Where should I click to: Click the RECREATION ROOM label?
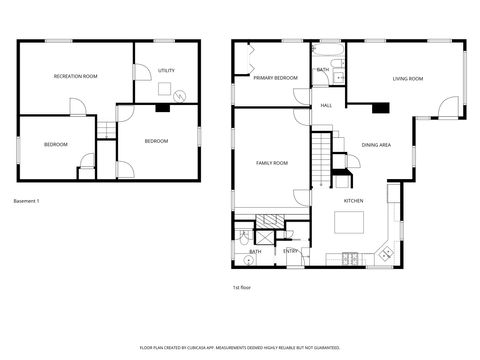75,77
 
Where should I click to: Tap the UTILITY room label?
166,71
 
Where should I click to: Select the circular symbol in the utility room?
179,95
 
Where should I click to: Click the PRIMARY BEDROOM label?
275,78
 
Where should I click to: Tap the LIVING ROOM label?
407,78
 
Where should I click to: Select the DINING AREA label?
377,144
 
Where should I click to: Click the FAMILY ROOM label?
272,162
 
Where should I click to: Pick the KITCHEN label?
353,201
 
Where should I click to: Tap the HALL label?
326,105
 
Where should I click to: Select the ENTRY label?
290,251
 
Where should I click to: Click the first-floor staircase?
321,160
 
